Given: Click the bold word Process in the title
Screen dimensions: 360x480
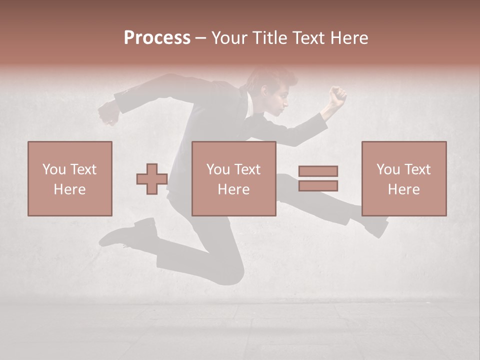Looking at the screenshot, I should (x=157, y=38).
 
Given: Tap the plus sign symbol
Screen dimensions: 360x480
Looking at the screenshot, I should (x=152, y=179).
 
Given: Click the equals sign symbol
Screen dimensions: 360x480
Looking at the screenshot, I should (x=318, y=178).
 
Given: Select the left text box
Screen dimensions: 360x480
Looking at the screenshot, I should (x=70, y=178).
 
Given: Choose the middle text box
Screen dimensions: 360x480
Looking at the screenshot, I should (x=234, y=178).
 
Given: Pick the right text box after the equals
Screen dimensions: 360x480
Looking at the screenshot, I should (x=404, y=178).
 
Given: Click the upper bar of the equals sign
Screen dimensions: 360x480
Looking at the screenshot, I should (x=318, y=171).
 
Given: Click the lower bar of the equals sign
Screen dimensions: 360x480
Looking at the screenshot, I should (x=318, y=185).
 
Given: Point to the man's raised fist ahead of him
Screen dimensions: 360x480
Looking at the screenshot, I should (x=337, y=96).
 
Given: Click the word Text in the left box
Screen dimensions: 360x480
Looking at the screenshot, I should (x=83, y=169).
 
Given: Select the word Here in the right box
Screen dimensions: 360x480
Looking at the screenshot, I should (x=404, y=189).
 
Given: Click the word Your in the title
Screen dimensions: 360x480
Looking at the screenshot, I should (x=230, y=38).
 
